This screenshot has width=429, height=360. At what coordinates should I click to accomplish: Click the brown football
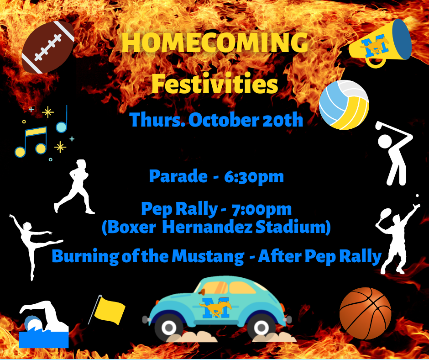(x=48, y=47)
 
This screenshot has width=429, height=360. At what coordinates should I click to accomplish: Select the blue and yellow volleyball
(x=344, y=105)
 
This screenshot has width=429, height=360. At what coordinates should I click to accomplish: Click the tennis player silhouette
(x=398, y=236)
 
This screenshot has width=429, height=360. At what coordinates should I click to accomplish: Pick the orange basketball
(x=365, y=313)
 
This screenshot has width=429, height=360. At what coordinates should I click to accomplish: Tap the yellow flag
(x=107, y=310)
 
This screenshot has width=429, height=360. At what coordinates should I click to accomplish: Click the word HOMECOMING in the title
(x=215, y=42)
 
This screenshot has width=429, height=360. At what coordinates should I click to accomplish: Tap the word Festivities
(x=215, y=84)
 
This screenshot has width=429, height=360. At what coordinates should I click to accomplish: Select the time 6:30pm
(x=254, y=177)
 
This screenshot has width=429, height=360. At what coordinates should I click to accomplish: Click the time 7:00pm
(x=262, y=209)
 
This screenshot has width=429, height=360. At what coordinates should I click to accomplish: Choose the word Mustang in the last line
(x=208, y=257)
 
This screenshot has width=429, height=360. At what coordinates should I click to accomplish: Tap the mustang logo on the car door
(x=215, y=307)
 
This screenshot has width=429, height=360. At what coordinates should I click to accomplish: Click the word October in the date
(x=223, y=120)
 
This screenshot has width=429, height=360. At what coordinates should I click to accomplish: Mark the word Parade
(x=178, y=176)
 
